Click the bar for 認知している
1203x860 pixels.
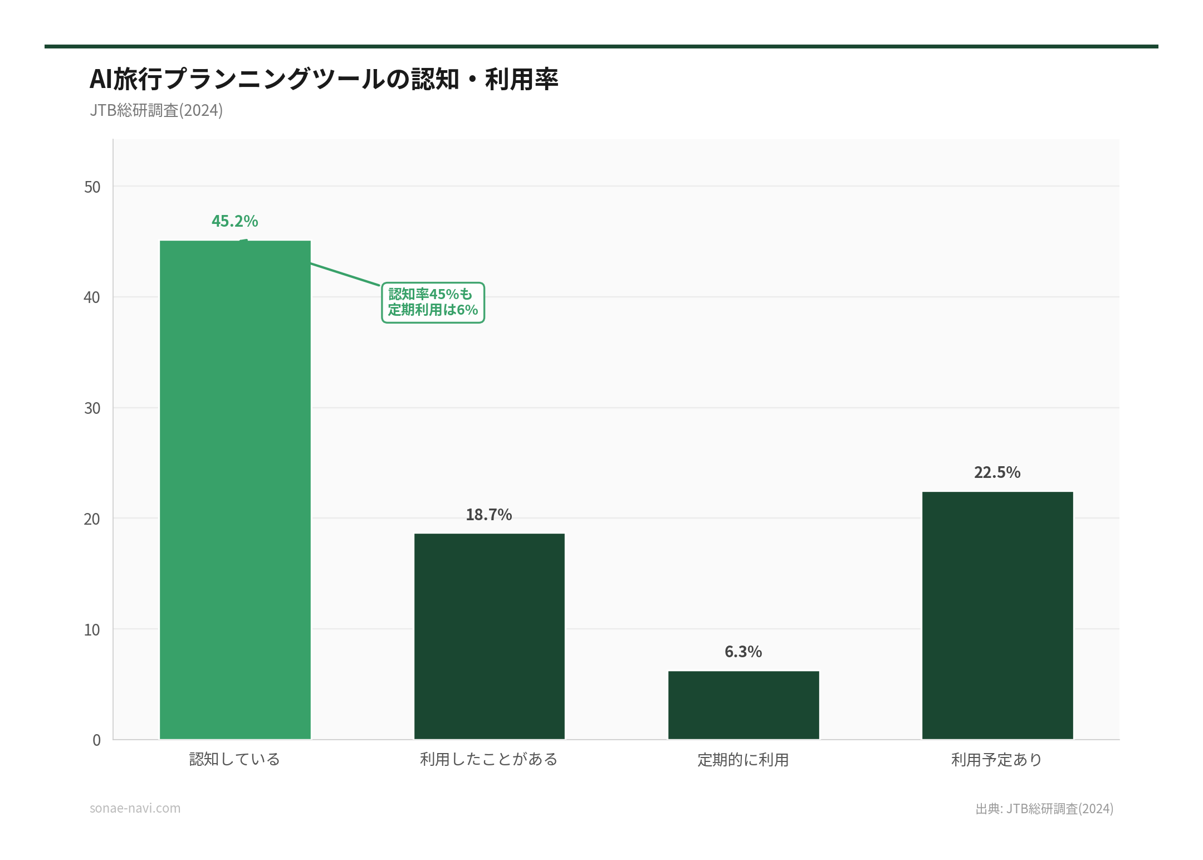[x=235, y=490]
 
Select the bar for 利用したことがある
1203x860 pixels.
[x=489, y=636]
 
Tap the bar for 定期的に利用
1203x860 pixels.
[x=744, y=705]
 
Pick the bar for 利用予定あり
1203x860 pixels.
[x=997, y=615]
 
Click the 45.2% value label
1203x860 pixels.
[x=235, y=221]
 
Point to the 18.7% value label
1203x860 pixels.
[x=489, y=515]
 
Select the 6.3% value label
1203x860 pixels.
[x=744, y=652]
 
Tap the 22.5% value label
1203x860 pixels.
[x=997, y=472]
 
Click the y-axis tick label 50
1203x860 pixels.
[x=92, y=187]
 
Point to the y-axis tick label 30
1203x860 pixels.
[x=92, y=408]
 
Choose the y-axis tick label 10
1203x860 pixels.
[x=92, y=630]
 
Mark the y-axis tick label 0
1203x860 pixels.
[x=97, y=740]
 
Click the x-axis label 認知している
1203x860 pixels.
[x=235, y=759]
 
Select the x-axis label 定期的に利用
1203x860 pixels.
[x=744, y=760]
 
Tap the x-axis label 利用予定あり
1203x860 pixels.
[x=997, y=760]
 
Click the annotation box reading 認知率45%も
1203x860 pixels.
[x=433, y=302]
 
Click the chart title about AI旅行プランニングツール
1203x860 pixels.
[x=324, y=79]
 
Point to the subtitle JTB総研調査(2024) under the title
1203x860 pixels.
[x=157, y=110]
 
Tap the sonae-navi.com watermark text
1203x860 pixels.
[x=135, y=808]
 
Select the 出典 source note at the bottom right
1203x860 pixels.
[x=1044, y=809]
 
